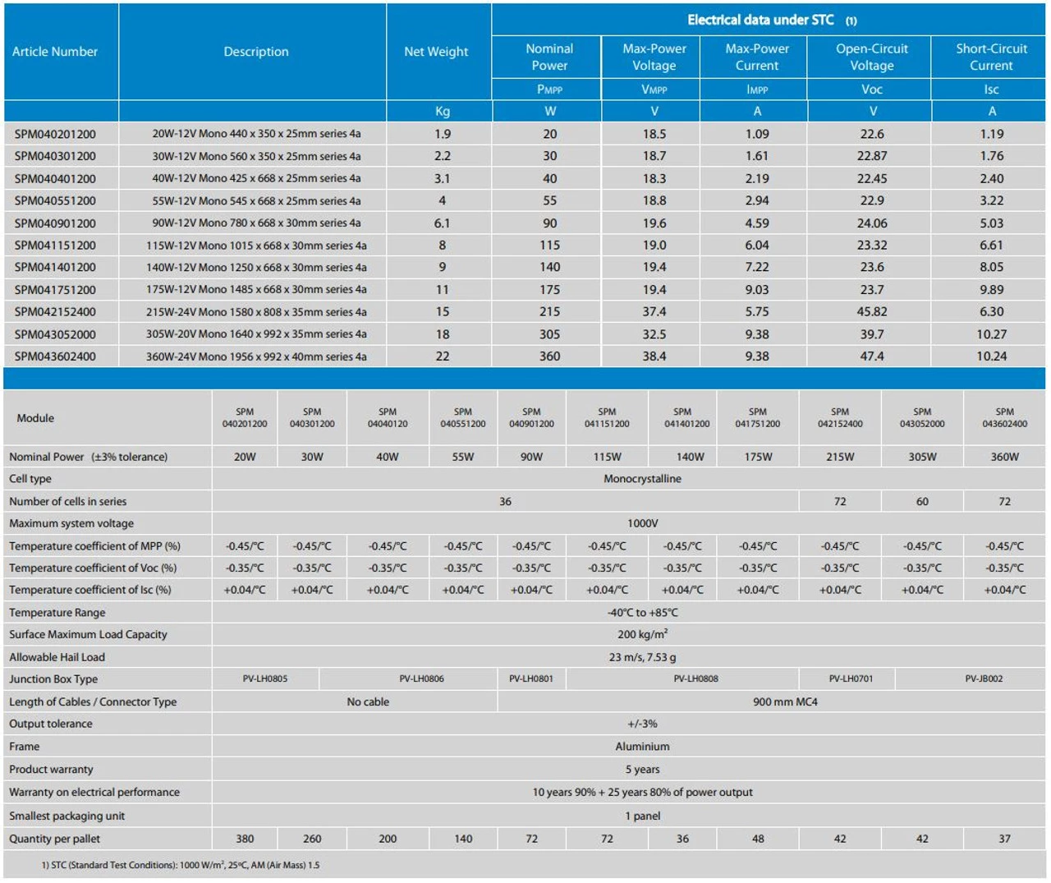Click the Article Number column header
click(55, 52)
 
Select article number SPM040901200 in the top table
click(55, 223)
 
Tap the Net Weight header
click(436, 52)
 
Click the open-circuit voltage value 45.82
click(872, 312)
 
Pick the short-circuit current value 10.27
click(991, 334)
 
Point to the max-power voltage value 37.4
click(654, 312)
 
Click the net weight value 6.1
click(442, 223)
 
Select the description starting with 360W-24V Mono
click(256, 356)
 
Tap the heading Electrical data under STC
click(760, 20)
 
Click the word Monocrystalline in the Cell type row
click(642, 479)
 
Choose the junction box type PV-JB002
click(984, 679)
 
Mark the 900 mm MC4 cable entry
click(785, 702)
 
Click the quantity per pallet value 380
click(245, 839)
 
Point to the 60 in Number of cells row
click(922, 502)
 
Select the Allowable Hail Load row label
click(57, 657)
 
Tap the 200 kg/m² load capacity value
click(642, 634)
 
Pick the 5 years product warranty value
click(642, 770)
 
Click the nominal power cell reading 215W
click(840, 457)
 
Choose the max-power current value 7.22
click(756, 268)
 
